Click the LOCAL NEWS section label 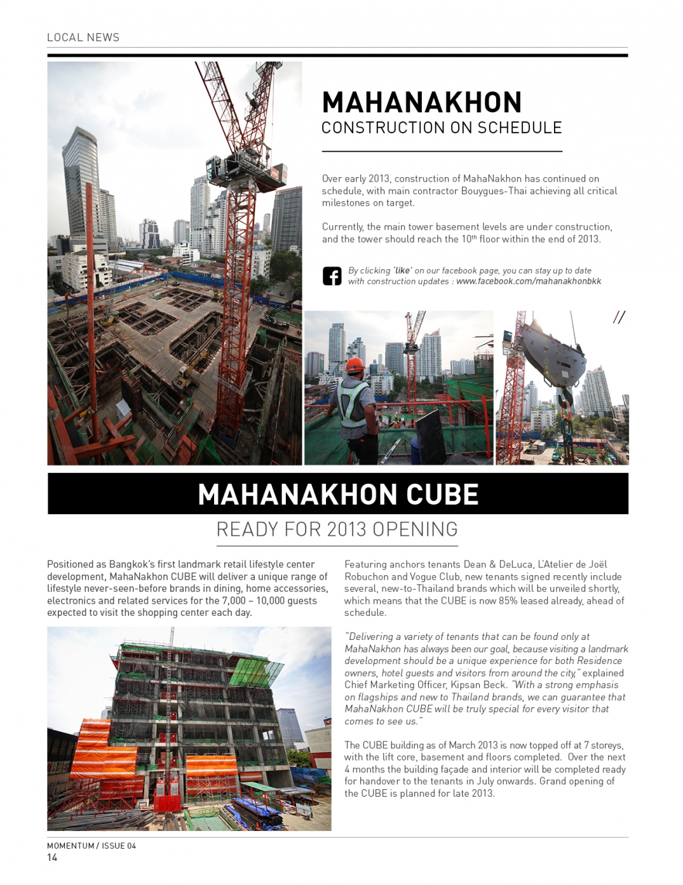click(x=83, y=37)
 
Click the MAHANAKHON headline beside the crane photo click(x=422, y=103)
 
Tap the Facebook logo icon click(x=332, y=276)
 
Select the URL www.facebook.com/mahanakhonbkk click(x=529, y=281)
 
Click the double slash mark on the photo click(x=619, y=317)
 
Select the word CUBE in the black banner click(x=442, y=495)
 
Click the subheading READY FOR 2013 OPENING click(x=337, y=529)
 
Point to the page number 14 click(x=52, y=858)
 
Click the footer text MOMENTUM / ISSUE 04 click(x=91, y=846)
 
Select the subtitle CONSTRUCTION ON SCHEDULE click(x=442, y=128)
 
